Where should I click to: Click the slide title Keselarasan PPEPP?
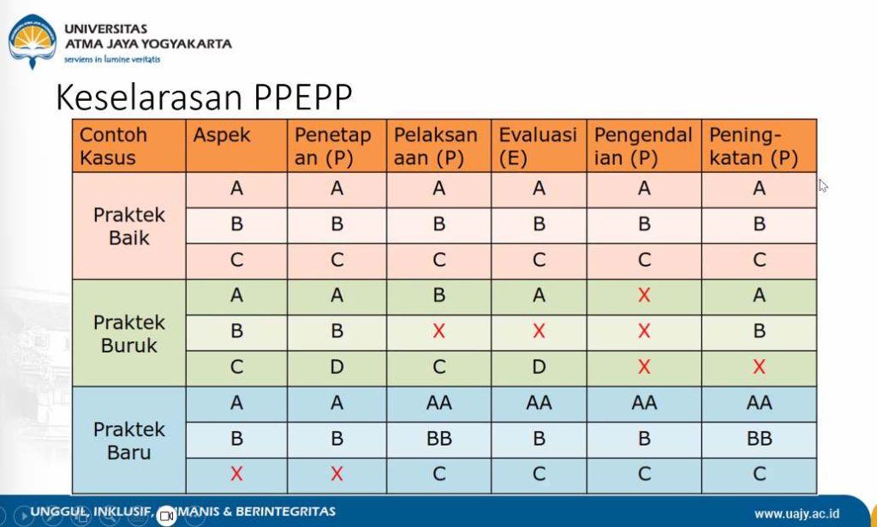(x=204, y=98)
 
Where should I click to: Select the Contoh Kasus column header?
(x=113, y=146)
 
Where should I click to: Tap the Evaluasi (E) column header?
(x=538, y=146)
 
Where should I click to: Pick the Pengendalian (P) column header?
(x=643, y=146)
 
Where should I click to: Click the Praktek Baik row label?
(x=129, y=226)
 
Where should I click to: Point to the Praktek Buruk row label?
(x=129, y=334)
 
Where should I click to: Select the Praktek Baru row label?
(x=129, y=440)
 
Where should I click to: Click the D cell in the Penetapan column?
(x=337, y=367)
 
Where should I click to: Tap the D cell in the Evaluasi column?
(x=538, y=367)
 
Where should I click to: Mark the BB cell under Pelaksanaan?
(x=438, y=439)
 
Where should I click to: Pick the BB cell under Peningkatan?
(x=759, y=439)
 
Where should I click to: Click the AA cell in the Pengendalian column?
(x=643, y=403)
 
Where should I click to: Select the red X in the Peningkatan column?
(x=759, y=367)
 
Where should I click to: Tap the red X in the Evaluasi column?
(x=538, y=331)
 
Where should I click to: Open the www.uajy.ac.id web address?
(x=808, y=513)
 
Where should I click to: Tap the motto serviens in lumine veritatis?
(x=112, y=59)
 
